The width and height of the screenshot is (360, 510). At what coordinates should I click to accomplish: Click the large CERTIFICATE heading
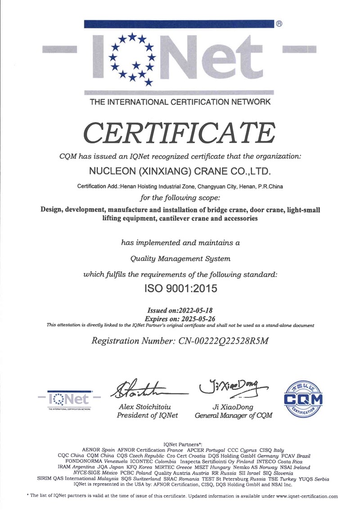[180, 131]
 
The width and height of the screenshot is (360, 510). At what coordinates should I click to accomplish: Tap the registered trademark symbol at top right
[279, 24]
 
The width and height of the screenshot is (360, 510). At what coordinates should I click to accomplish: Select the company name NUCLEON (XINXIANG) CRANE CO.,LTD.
[180, 171]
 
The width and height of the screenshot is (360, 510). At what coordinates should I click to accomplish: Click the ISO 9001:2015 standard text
[180, 289]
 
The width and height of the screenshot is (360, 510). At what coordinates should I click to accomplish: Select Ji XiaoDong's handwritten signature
[232, 386]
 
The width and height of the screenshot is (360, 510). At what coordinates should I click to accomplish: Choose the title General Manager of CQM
[234, 416]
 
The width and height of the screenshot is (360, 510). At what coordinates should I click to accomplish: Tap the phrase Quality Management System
[180, 259]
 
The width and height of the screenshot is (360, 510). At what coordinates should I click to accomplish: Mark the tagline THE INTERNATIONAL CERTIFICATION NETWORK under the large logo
[180, 102]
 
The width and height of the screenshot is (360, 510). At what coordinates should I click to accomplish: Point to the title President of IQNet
[147, 416]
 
